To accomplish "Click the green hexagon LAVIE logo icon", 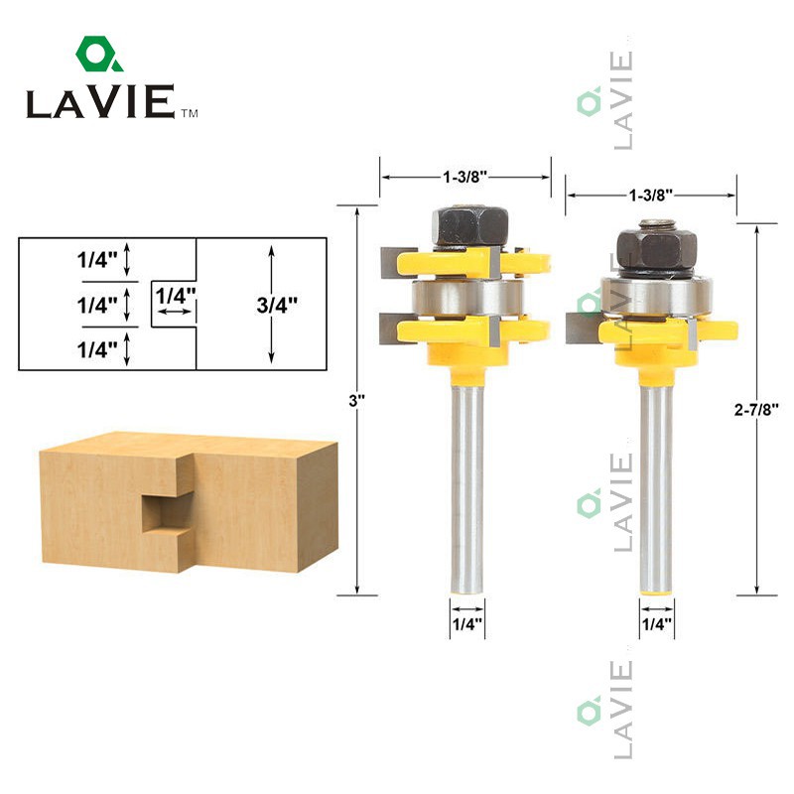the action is [x=99, y=54].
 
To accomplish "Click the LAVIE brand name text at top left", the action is [x=101, y=102].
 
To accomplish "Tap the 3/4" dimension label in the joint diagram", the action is [x=277, y=305].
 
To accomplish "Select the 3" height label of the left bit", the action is [x=356, y=401].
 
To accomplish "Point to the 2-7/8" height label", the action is [x=756, y=409].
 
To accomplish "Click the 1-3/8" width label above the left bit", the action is [x=464, y=177].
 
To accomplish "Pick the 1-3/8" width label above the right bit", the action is [x=651, y=195].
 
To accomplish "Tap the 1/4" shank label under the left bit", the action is [x=467, y=624].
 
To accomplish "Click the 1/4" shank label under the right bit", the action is [x=657, y=624].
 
